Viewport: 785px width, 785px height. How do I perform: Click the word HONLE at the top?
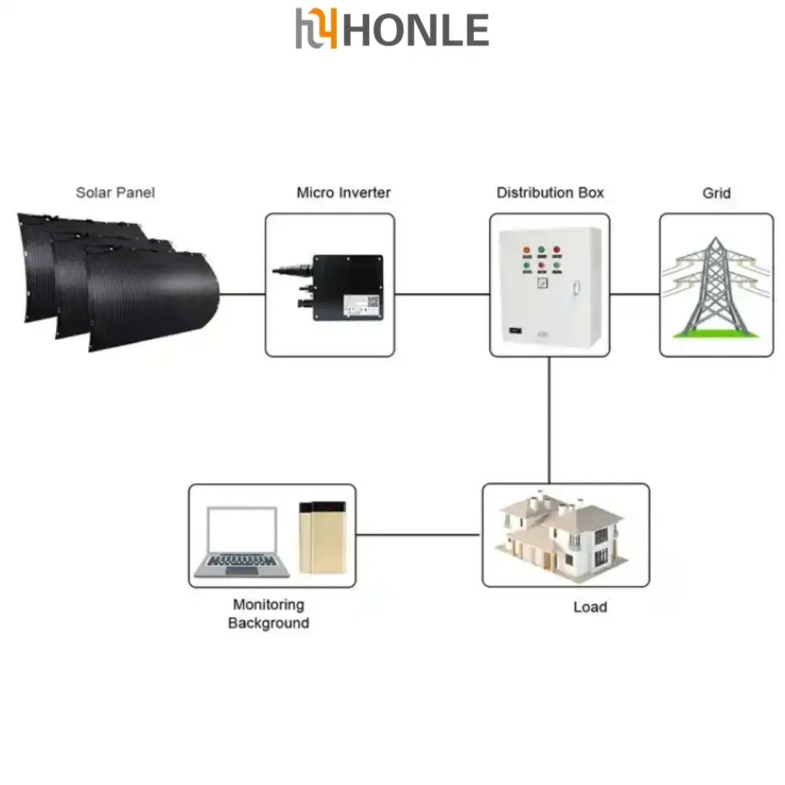click(416, 30)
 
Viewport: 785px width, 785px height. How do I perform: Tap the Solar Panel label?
click(115, 193)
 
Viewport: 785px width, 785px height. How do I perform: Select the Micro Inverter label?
click(343, 193)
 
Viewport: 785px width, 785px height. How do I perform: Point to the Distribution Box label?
click(550, 193)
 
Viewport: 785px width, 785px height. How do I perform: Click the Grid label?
click(717, 193)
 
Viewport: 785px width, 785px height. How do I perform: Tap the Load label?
click(590, 607)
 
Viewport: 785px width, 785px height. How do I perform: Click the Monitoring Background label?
click(269, 613)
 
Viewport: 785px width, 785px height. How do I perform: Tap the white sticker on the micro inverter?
click(361, 306)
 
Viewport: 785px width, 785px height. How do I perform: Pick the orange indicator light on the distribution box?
click(527, 250)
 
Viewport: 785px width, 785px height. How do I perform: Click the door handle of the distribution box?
click(576, 289)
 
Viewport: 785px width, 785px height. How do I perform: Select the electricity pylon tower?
click(717, 287)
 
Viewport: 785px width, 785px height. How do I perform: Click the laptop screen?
click(242, 530)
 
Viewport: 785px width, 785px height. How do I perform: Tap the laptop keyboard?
click(242, 560)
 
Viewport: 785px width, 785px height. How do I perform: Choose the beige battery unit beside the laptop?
click(323, 537)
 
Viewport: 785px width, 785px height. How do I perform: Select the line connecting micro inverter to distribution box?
click(442, 294)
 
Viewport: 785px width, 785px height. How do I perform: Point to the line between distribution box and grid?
click(635, 294)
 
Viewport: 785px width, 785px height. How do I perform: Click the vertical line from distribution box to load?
click(549, 420)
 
